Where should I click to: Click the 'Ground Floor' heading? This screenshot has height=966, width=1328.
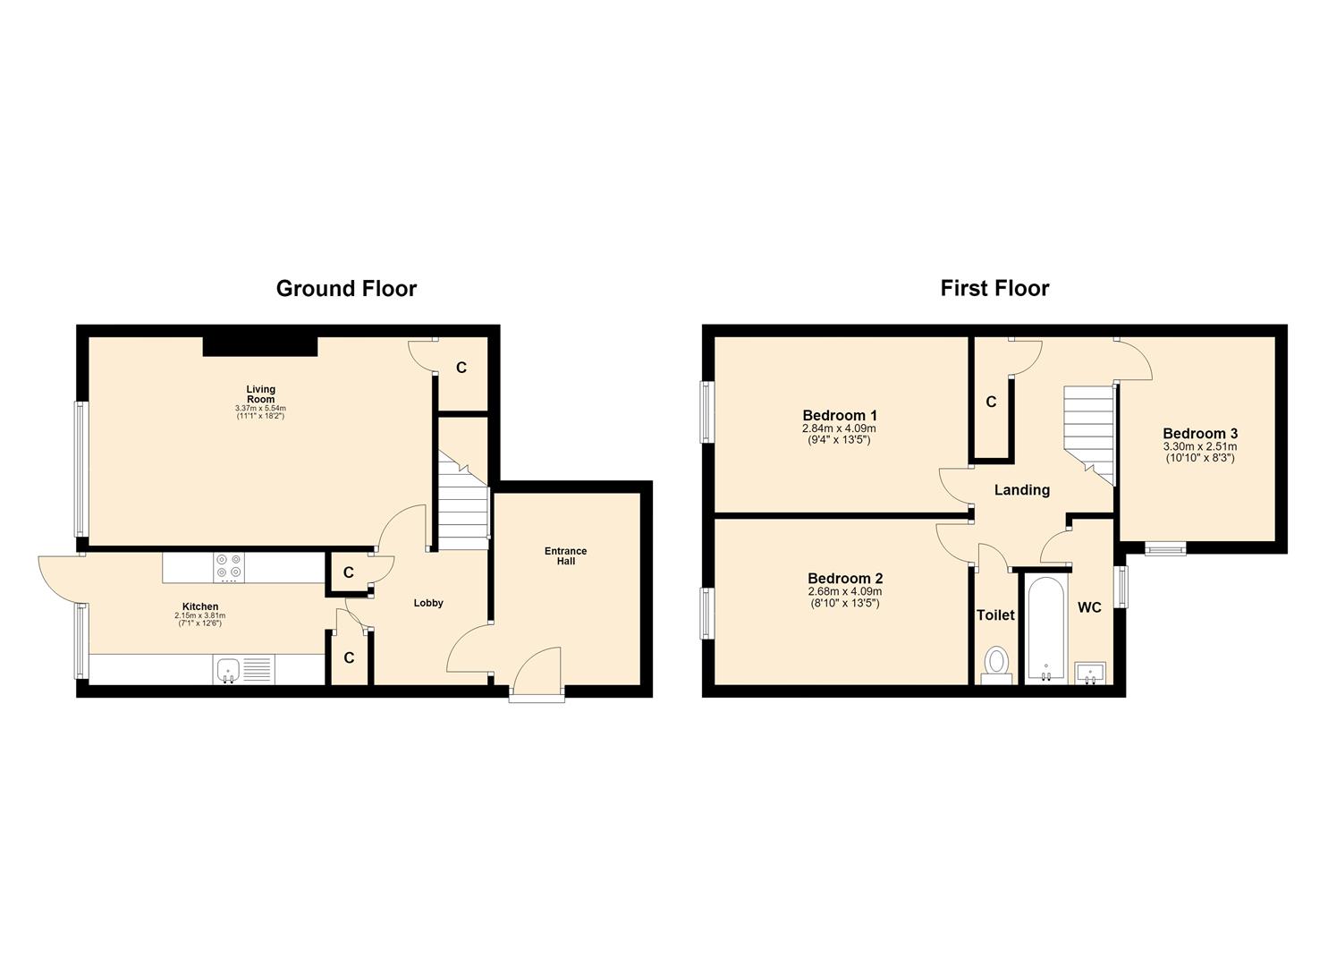(346, 289)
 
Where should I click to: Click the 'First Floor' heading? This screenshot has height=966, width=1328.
(994, 289)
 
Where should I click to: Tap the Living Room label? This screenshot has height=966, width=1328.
(261, 394)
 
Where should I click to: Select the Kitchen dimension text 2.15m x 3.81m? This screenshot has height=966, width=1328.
(200, 615)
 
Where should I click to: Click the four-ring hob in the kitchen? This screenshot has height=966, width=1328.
(229, 565)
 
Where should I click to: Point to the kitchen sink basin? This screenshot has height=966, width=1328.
(228, 670)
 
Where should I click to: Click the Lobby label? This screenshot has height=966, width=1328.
(428, 603)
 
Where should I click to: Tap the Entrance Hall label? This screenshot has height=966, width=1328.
(565, 556)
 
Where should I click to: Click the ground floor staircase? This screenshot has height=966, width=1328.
(463, 500)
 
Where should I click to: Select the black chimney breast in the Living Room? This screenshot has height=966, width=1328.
(260, 346)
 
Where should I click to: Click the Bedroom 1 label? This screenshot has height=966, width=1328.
(840, 415)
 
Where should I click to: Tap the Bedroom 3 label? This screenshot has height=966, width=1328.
(1200, 434)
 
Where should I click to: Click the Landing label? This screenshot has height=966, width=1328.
(1022, 490)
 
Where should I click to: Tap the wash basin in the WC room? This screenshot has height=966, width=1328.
(1090, 674)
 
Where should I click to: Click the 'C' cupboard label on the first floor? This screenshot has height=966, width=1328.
(991, 402)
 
